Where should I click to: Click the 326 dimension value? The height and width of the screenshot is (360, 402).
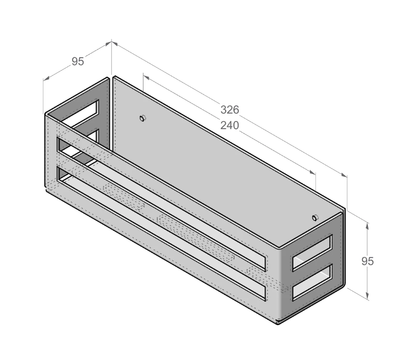coord(230,110)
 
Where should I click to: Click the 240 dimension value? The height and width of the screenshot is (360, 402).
coord(230,125)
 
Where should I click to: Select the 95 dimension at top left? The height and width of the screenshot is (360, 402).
coord(77,61)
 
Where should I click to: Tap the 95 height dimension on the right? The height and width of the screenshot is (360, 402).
coord(368,261)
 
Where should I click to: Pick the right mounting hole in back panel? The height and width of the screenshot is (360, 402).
coord(315,217)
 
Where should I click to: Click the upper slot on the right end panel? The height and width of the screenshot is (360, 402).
coord(312,252)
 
